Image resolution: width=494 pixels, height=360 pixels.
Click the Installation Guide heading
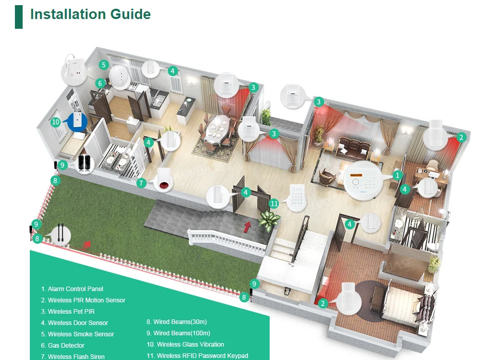click(x=90, y=14)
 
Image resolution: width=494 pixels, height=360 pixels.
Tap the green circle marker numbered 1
click(x=397, y=175)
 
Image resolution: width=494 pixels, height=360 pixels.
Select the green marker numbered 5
click(x=104, y=65)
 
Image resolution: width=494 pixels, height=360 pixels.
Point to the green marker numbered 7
click(x=142, y=183)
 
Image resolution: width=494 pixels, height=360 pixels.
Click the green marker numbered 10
click(x=56, y=122)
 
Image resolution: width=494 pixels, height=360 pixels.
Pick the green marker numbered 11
click(x=274, y=204)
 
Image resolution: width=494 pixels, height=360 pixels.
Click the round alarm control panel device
click(x=364, y=181)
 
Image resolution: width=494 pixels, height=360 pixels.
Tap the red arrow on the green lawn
click(x=86, y=244)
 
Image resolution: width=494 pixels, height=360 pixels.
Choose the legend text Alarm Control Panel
click(x=72, y=289)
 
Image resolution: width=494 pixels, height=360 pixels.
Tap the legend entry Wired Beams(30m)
click(x=177, y=322)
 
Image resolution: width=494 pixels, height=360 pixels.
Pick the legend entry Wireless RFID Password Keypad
click(x=197, y=356)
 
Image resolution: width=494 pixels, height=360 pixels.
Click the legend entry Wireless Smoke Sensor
click(x=77, y=334)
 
